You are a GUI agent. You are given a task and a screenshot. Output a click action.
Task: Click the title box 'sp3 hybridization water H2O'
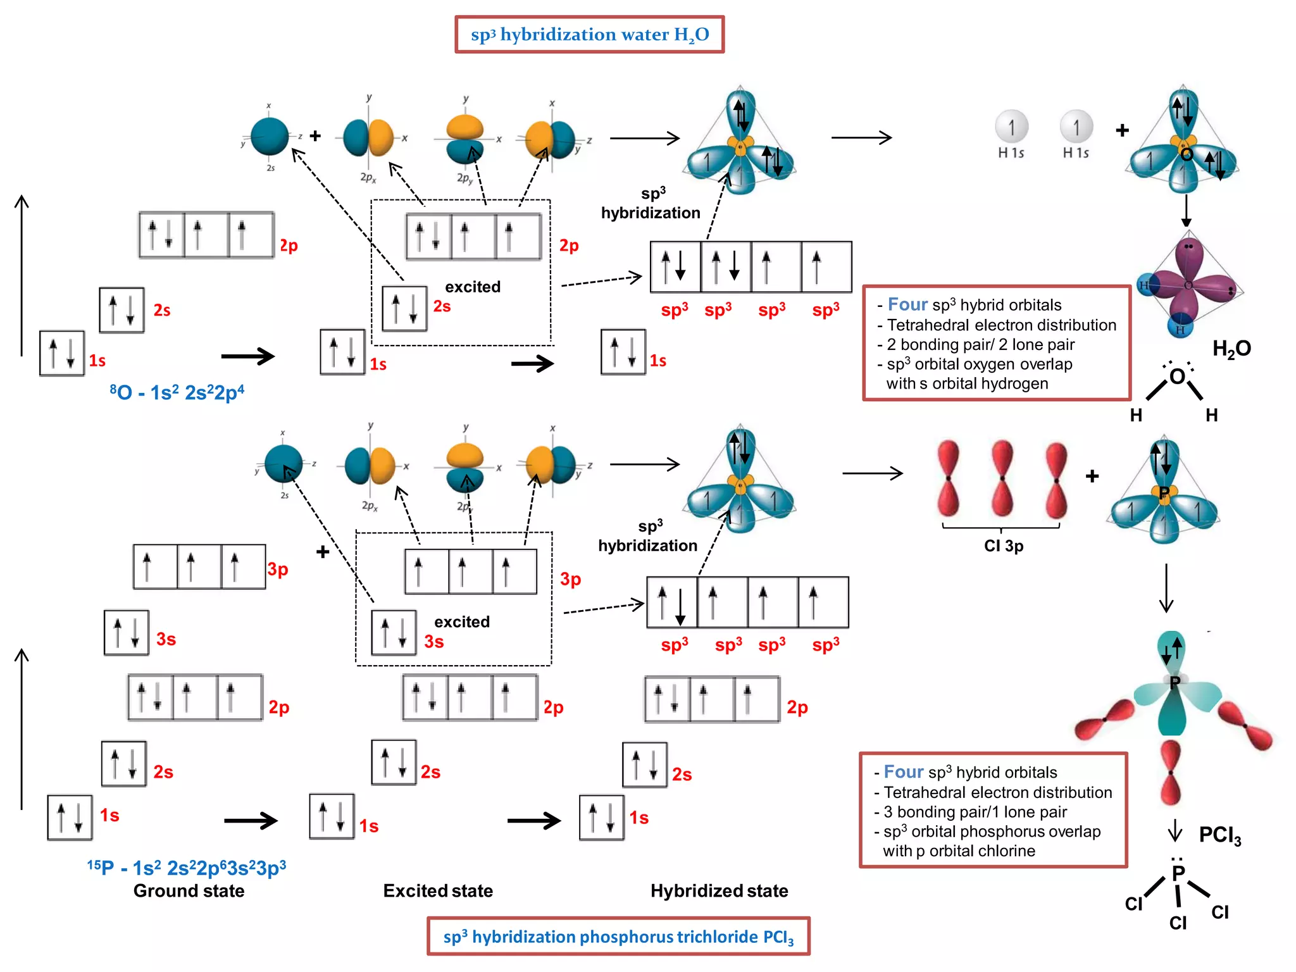point(589,35)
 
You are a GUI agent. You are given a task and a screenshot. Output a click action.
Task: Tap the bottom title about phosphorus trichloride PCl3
point(618,937)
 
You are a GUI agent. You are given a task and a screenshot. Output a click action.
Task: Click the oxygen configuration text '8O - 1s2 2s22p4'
point(177,392)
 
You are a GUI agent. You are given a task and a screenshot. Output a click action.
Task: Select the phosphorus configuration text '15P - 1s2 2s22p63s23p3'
point(187,868)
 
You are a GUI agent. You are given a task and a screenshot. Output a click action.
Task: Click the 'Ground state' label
point(189,891)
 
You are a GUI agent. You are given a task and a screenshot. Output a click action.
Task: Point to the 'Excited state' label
point(438,891)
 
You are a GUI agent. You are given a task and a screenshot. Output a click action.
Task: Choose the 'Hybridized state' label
point(720,891)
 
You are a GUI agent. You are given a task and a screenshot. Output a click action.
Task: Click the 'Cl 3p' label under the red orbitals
point(1004,545)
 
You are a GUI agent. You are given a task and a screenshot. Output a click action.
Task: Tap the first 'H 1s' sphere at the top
point(1011,127)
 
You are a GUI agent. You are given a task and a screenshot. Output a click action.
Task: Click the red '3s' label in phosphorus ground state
point(166,639)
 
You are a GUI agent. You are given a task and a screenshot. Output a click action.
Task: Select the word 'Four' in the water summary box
point(907,304)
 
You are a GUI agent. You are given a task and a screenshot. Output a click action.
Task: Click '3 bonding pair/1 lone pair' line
point(975,812)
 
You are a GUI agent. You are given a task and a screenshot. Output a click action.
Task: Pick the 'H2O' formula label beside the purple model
point(1231,349)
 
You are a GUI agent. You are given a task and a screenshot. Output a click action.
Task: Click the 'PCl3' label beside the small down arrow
point(1219,835)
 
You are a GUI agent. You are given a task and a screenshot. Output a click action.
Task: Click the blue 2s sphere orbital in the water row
point(270,136)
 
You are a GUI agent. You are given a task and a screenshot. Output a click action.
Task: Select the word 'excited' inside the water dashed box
point(473,287)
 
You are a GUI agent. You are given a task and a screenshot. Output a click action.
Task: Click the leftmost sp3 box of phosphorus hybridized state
point(671,602)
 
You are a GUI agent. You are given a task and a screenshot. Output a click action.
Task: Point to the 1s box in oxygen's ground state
point(62,353)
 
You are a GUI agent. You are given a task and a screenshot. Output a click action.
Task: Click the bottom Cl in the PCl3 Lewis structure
point(1178,923)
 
